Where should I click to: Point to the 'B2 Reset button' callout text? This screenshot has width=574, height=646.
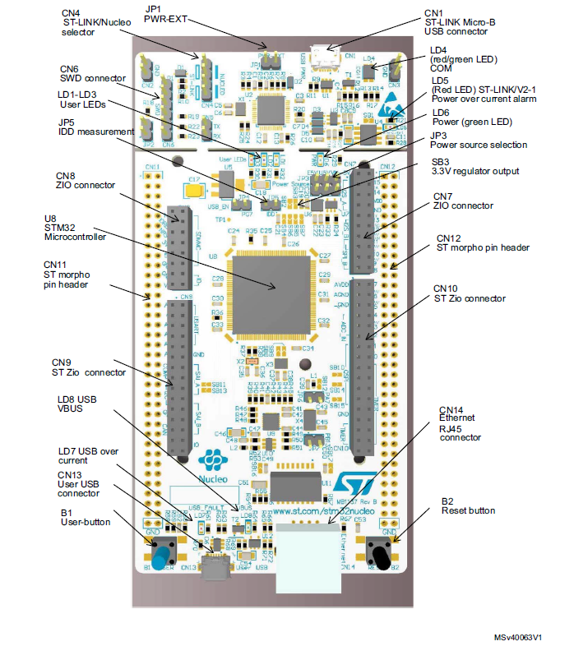[469, 505]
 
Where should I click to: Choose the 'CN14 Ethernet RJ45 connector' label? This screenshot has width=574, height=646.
[460, 422]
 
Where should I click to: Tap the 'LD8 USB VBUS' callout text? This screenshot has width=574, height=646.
[79, 404]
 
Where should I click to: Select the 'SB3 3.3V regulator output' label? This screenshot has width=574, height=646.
[474, 166]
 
